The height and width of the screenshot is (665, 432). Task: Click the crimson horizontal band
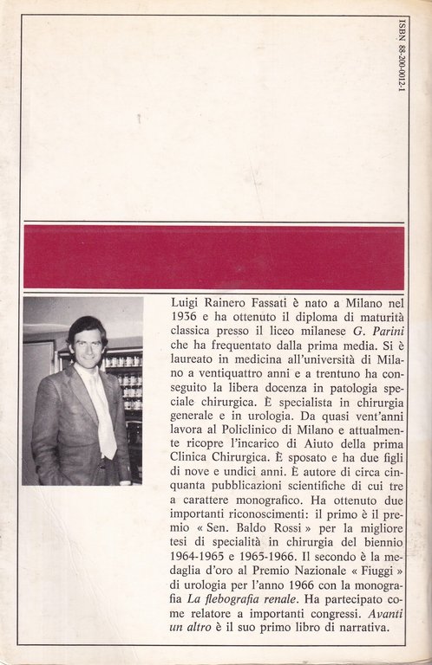pyautogui.click(x=214, y=257)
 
